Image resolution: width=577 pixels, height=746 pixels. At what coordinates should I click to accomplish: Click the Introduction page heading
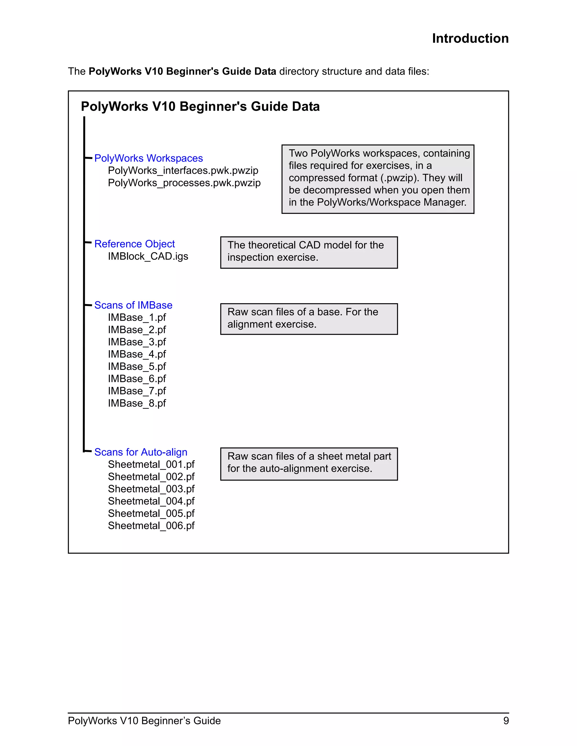[x=470, y=39]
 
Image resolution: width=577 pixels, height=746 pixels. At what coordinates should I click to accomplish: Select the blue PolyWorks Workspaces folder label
[x=148, y=158]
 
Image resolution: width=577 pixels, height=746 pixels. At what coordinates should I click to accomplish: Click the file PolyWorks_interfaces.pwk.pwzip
[x=183, y=170]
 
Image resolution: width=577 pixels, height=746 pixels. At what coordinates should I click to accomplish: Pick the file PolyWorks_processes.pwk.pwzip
[x=184, y=183]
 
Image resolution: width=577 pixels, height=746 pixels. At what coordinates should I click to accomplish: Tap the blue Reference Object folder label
[x=134, y=244]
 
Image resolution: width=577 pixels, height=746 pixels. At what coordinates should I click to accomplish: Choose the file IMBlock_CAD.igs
[x=148, y=256]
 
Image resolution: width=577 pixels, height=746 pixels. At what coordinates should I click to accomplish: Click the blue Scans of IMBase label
[x=133, y=305]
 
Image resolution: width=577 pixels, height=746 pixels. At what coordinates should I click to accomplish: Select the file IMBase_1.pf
[x=137, y=317]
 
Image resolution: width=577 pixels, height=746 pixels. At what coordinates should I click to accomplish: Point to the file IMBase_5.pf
[x=137, y=367]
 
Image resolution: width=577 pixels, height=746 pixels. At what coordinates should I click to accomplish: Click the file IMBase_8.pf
[x=137, y=403]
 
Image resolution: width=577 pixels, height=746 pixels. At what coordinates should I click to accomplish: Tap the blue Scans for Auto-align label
[x=141, y=452]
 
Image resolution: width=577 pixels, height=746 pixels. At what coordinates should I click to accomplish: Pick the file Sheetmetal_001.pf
[x=151, y=464]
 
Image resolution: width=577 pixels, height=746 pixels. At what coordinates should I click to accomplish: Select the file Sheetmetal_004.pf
[x=151, y=501]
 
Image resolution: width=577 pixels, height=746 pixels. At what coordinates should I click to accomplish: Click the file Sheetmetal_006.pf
[x=151, y=526]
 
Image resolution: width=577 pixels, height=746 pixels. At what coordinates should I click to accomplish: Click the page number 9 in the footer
[x=506, y=721]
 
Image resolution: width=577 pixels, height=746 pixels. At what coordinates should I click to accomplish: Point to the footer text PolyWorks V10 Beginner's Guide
[x=144, y=721]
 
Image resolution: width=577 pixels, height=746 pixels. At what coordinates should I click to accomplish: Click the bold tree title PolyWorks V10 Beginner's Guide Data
[x=200, y=107]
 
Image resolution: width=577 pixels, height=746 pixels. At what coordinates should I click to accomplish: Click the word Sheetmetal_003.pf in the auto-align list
[x=151, y=489]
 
